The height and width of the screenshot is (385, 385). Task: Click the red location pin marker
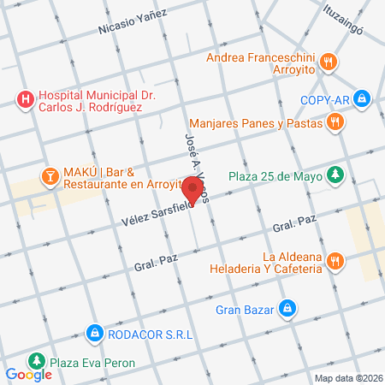click(x=193, y=190)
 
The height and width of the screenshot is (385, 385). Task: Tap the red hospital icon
click(x=26, y=100)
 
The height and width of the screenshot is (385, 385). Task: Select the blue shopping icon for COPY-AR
click(x=364, y=99)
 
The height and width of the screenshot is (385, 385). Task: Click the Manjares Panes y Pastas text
click(x=258, y=123)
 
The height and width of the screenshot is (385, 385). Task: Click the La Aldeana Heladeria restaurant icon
click(x=335, y=261)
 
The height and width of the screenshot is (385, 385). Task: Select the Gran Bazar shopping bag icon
click(x=288, y=307)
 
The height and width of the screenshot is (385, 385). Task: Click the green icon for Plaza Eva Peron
click(x=35, y=360)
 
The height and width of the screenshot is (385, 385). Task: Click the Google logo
click(x=28, y=374)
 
